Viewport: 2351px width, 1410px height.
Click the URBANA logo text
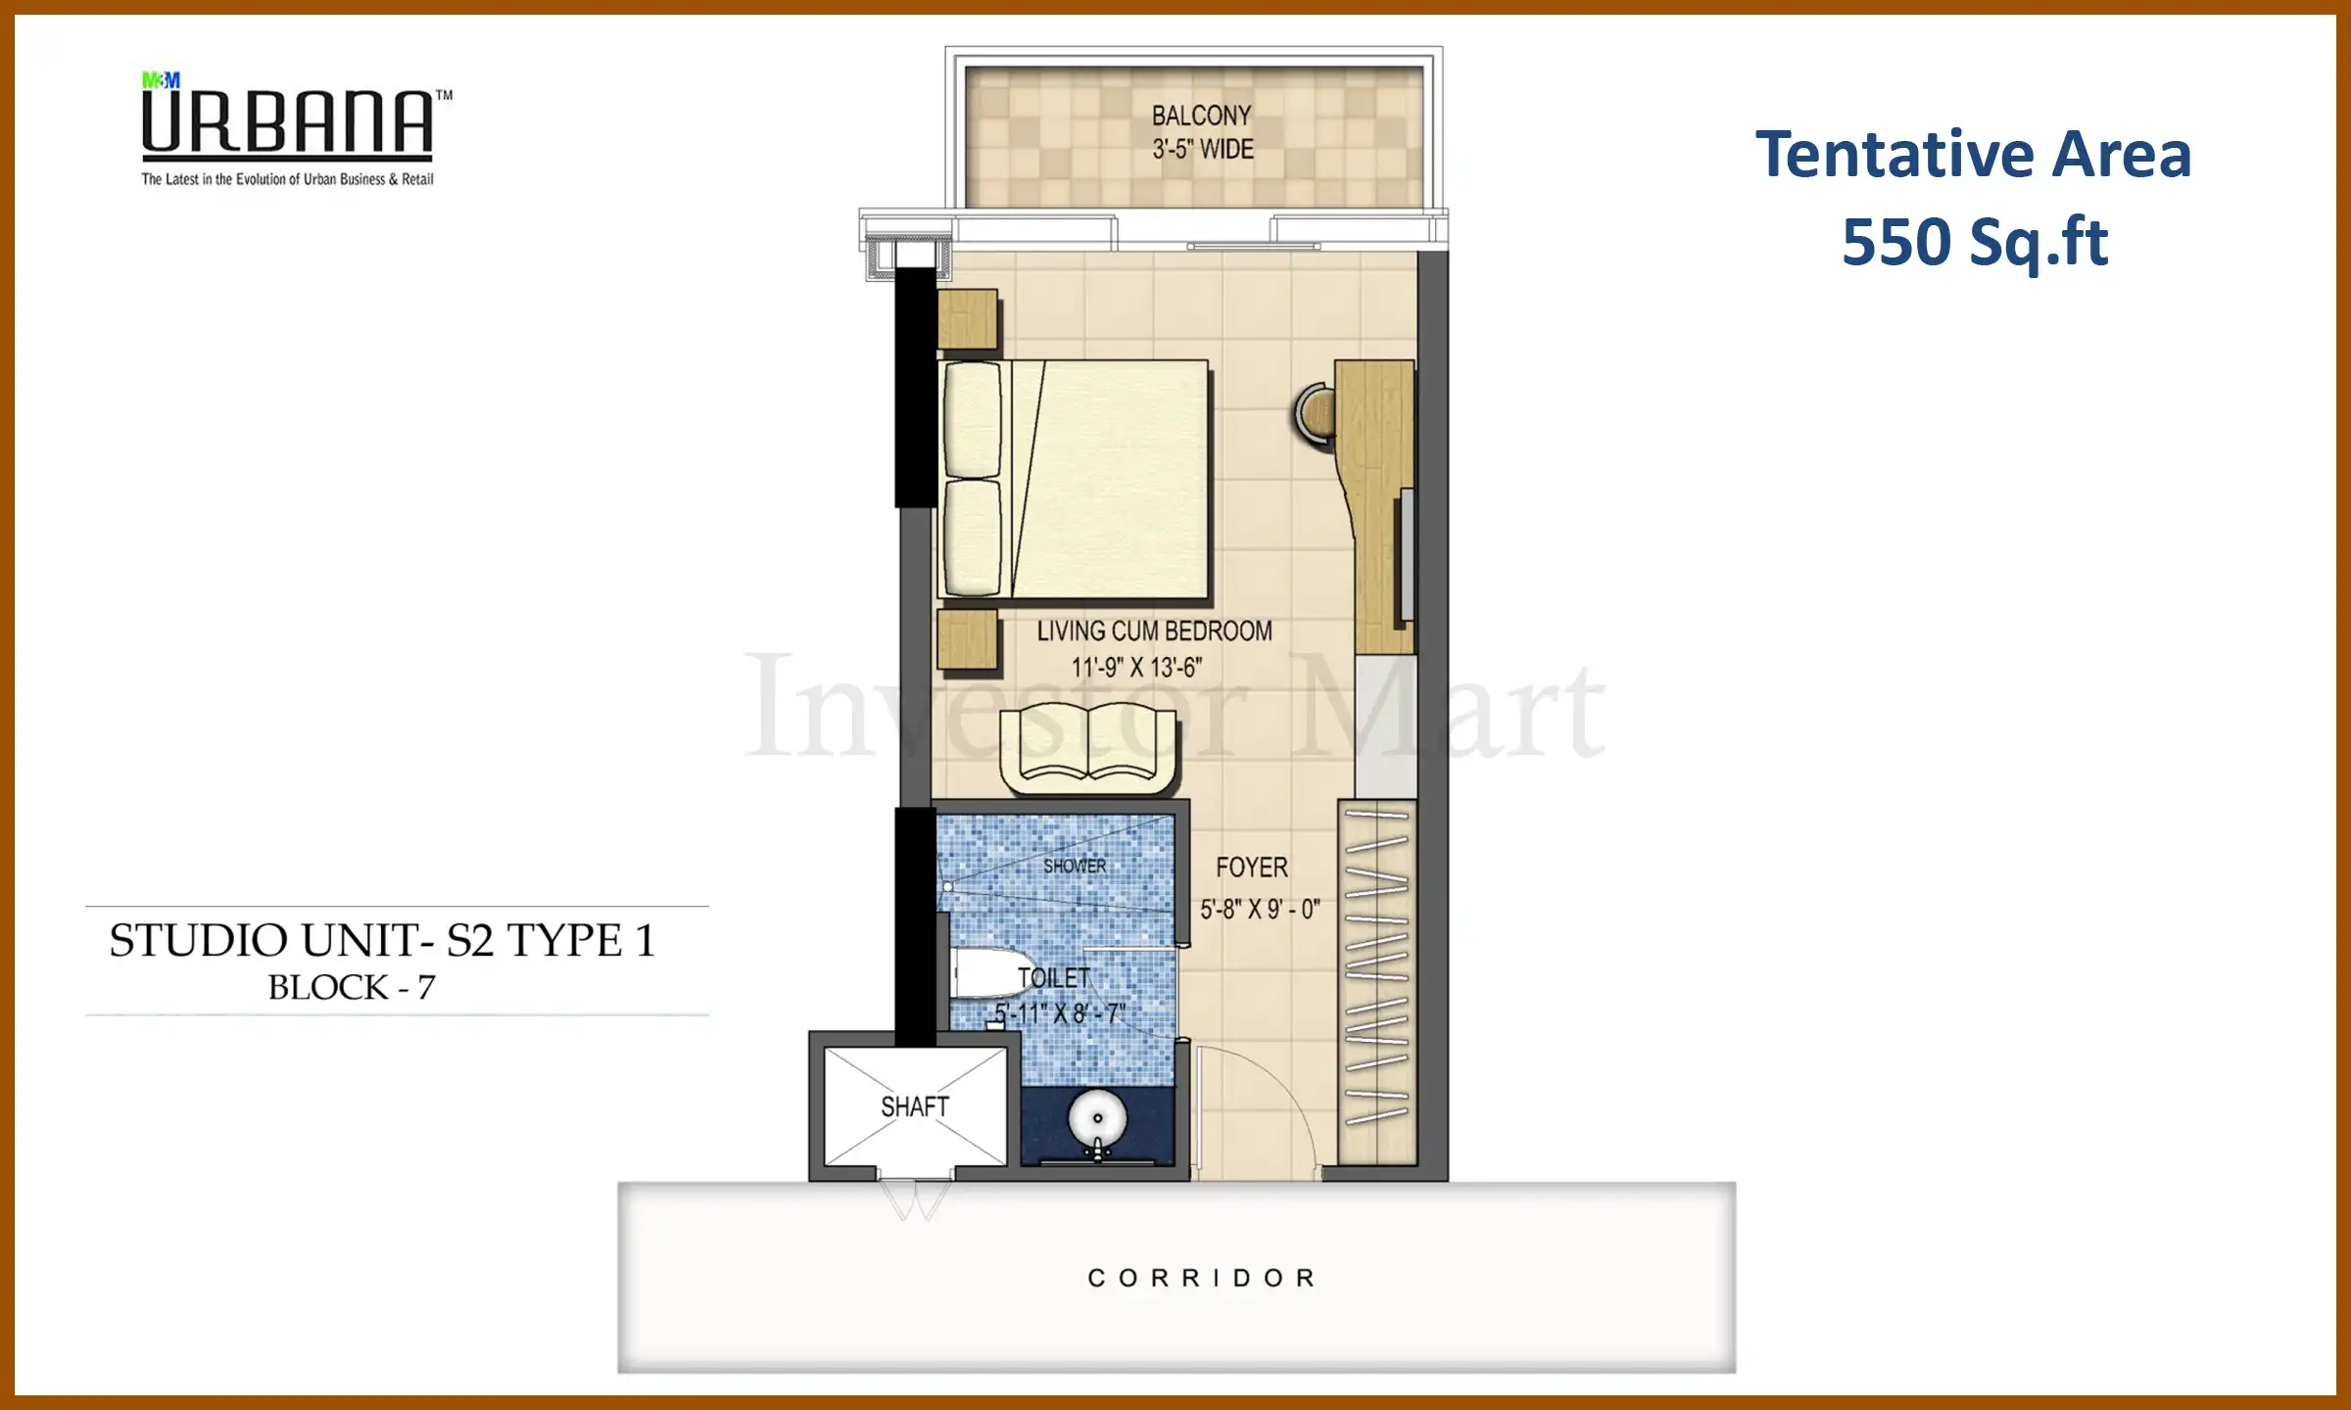[x=288, y=122]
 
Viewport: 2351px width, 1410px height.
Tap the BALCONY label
[x=1201, y=116]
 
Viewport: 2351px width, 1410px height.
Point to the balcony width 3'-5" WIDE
[x=1202, y=150]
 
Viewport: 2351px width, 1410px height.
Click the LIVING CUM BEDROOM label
[x=1154, y=632]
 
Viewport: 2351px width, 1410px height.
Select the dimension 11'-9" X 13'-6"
[x=1136, y=668]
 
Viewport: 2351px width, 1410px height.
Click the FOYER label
[x=1251, y=868]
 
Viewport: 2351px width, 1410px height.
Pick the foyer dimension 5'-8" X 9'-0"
[x=1260, y=910]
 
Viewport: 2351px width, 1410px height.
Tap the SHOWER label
[x=1075, y=867]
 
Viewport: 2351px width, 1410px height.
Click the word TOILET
[x=1053, y=978]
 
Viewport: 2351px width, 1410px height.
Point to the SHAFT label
[x=915, y=1106]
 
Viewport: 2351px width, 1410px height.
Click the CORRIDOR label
[x=1202, y=1278]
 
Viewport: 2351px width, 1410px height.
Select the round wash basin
[x=1097, y=1118]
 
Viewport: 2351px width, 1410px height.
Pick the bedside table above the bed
[x=968, y=319]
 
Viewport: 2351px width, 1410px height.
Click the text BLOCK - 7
[x=352, y=987]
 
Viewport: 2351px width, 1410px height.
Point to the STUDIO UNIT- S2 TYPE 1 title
[x=382, y=940]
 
